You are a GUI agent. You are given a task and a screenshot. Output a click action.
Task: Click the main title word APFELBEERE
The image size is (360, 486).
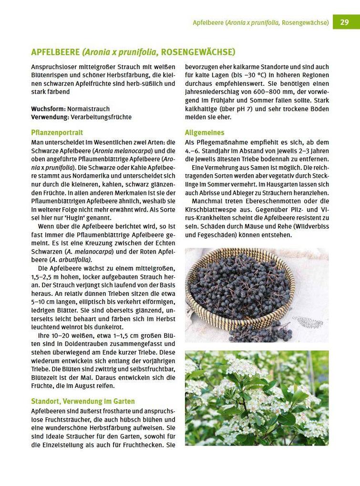click(55, 52)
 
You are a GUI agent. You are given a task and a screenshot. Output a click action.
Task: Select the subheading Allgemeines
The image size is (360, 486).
click(205, 132)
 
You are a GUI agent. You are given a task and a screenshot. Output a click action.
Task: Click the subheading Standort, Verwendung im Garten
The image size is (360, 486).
click(83, 401)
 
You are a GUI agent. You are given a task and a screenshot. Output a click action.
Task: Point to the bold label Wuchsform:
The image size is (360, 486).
click(48, 109)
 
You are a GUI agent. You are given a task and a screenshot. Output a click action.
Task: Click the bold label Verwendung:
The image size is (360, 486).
click(50, 117)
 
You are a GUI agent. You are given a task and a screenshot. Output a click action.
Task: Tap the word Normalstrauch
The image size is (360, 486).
click(88, 109)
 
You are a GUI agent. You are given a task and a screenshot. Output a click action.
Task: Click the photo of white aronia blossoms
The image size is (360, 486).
click(257, 398)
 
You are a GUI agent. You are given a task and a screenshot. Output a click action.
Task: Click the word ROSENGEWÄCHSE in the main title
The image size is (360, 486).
click(198, 52)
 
